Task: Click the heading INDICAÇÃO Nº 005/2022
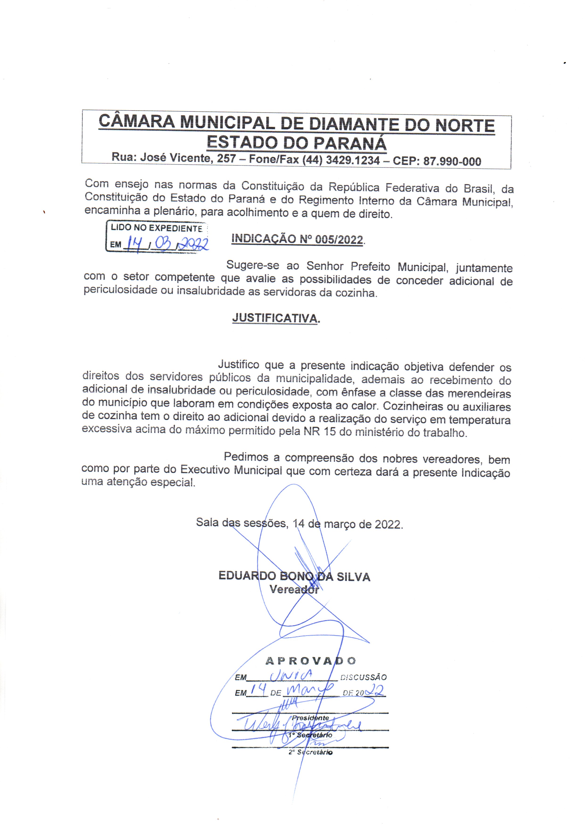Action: pyautogui.click(x=297, y=239)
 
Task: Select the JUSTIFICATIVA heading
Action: pyautogui.click(x=276, y=318)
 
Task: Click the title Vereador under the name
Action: pyautogui.click(x=294, y=589)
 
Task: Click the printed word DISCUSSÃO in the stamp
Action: pyautogui.click(x=363, y=677)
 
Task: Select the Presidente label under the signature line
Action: pyautogui.click(x=310, y=718)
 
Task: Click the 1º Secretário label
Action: pyautogui.click(x=310, y=735)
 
